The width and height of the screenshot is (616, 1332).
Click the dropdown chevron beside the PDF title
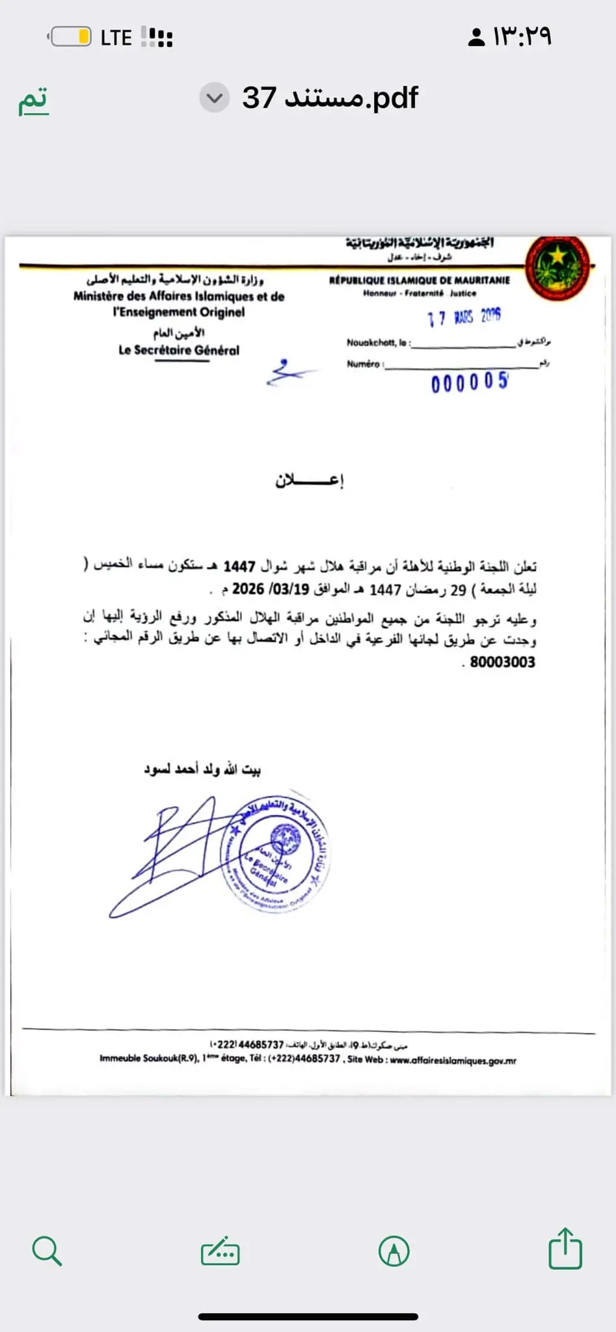pyautogui.click(x=214, y=98)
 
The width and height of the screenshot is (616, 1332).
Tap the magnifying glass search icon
pyautogui.click(x=47, y=1251)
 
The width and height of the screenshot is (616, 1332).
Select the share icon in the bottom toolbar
pyautogui.click(x=565, y=1248)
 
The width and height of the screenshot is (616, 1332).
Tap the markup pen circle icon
pyautogui.click(x=394, y=1251)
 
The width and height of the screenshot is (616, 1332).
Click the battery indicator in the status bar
pyautogui.click(x=71, y=37)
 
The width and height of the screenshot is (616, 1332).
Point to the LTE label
pyautogui.click(x=116, y=38)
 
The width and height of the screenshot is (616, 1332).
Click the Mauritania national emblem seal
pyautogui.click(x=557, y=267)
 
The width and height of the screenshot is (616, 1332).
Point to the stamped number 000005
pyautogui.click(x=469, y=382)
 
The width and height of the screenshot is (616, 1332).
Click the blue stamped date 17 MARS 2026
pyautogui.click(x=464, y=317)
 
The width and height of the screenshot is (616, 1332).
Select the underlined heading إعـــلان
pyautogui.click(x=309, y=481)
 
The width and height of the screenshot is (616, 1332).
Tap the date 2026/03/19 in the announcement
pyautogui.click(x=258, y=589)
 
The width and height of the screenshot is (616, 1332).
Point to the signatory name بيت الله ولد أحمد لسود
pyautogui.click(x=202, y=770)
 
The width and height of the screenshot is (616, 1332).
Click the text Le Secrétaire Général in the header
pyautogui.click(x=179, y=350)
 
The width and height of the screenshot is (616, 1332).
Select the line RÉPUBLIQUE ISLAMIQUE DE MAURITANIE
pyautogui.click(x=420, y=280)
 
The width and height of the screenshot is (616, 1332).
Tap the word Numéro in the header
pyautogui.click(x=363, y=364)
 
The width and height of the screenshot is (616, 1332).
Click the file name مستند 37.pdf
pyautogui.click(x=330, y=98)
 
